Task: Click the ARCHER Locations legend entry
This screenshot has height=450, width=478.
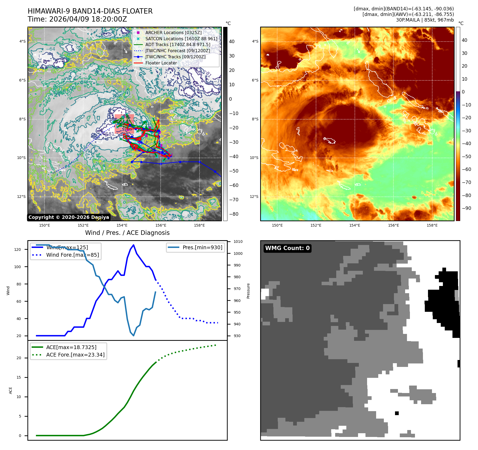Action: (x=173, y=32)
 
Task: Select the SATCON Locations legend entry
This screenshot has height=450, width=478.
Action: (x=181, y=39)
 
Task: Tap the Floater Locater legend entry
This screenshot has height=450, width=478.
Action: (x=161, y=63)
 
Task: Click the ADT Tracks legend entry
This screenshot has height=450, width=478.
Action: (x=177, y=44)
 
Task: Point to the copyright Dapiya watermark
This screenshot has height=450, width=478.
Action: (x=69, y=217)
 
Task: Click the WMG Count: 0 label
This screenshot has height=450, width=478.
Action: (x=287, y=248)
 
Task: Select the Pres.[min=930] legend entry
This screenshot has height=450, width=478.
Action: (x=202, y=247)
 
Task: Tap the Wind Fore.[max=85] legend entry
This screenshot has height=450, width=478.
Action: (x=72, y=255)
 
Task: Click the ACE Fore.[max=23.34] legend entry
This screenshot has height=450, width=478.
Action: (x=75, y=355)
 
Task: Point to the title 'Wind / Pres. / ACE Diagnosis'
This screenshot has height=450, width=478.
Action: (x=127, y=233)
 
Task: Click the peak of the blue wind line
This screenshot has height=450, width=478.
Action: (x=134, y=245)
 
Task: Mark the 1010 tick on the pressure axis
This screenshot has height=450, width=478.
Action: (x=238, y=242)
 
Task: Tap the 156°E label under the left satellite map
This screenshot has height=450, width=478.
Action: (x=161, y=225)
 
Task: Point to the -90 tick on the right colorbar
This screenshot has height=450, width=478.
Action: (x=466, y=208)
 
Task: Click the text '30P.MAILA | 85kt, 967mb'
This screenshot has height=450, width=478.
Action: (x=425, y=20)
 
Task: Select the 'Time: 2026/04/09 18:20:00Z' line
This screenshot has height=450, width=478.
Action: (x=77, y=19)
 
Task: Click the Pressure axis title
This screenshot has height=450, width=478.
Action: (x=248, y=291)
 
